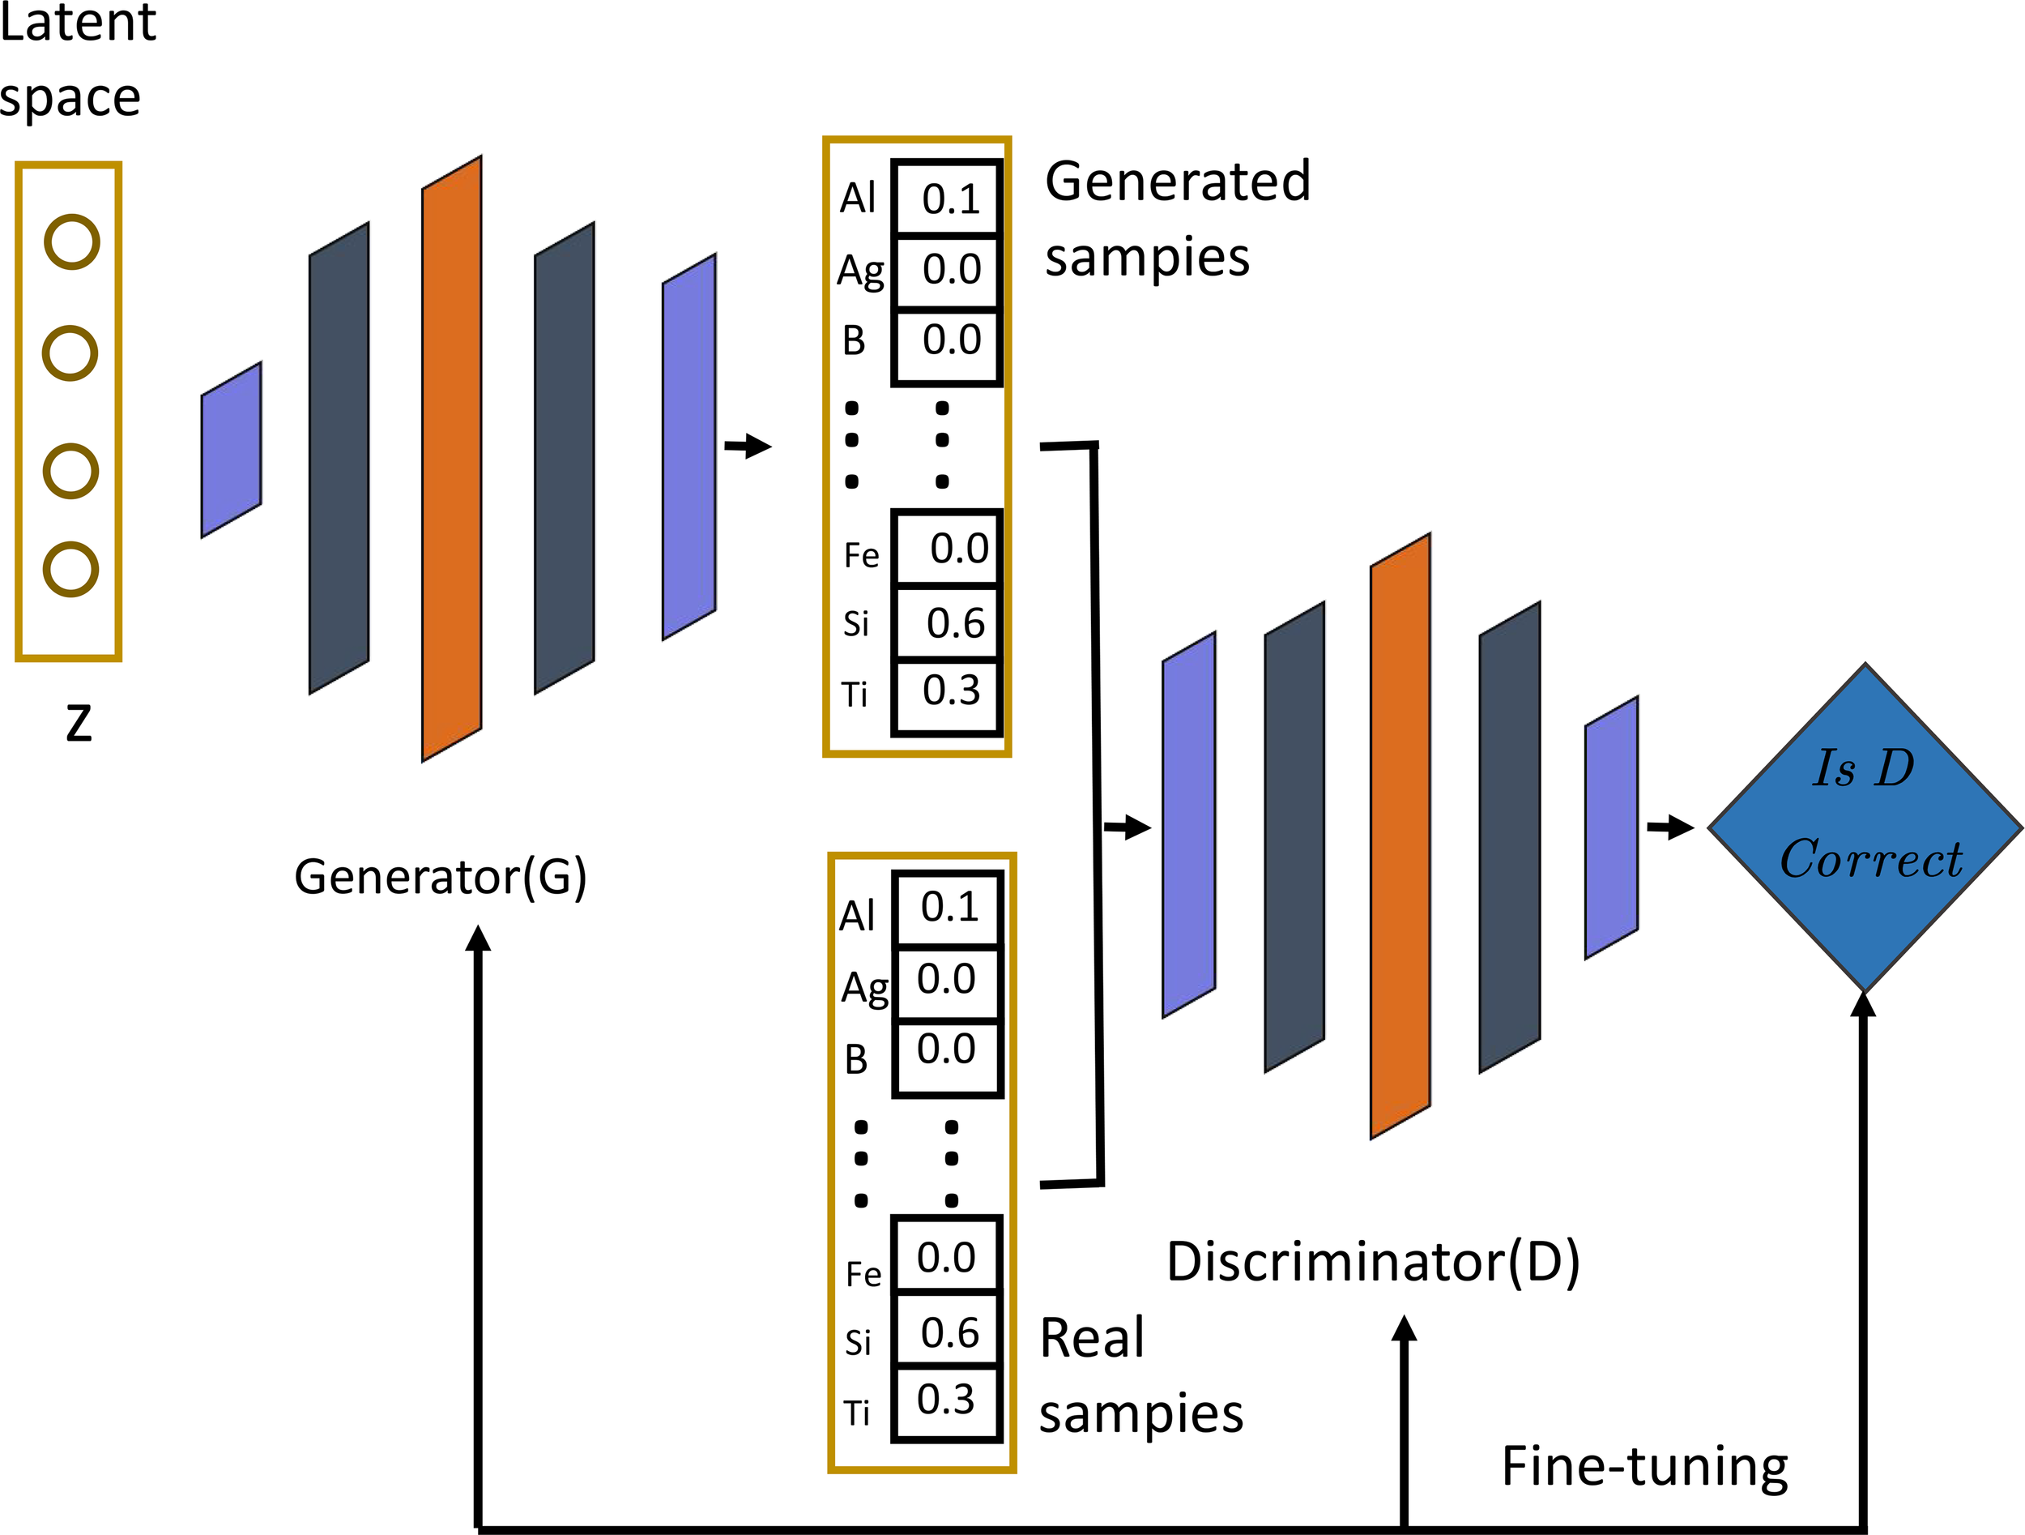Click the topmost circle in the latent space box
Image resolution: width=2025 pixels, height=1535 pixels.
[x=71, y=242]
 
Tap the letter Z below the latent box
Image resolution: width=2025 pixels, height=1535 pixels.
[x=79, y=723]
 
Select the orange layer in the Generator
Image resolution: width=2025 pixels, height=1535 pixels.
[x=451, y=458]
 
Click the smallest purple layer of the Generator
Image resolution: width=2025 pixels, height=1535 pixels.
[x=231, y=450]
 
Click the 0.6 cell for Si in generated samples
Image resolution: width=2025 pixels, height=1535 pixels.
[x=949, y=622]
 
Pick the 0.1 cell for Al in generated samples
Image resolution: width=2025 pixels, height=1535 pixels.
[x=949, y=199]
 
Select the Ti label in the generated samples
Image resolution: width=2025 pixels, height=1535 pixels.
[x=855, y=695]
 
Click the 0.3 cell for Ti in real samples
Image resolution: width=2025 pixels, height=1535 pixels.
[x=945, y=1400]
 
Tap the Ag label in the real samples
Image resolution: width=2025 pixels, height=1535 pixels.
[x=864, y=988]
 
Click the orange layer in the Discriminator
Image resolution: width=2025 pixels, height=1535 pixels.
[x=1400, y=836]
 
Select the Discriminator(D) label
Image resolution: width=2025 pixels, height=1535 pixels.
[x=1372, y=1262]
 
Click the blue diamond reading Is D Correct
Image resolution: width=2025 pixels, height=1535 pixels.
[x=1865, y=827]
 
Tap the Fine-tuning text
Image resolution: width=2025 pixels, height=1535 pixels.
[x=1644, y=1466]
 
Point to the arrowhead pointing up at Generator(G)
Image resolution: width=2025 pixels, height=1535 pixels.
[x=478, y=939]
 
